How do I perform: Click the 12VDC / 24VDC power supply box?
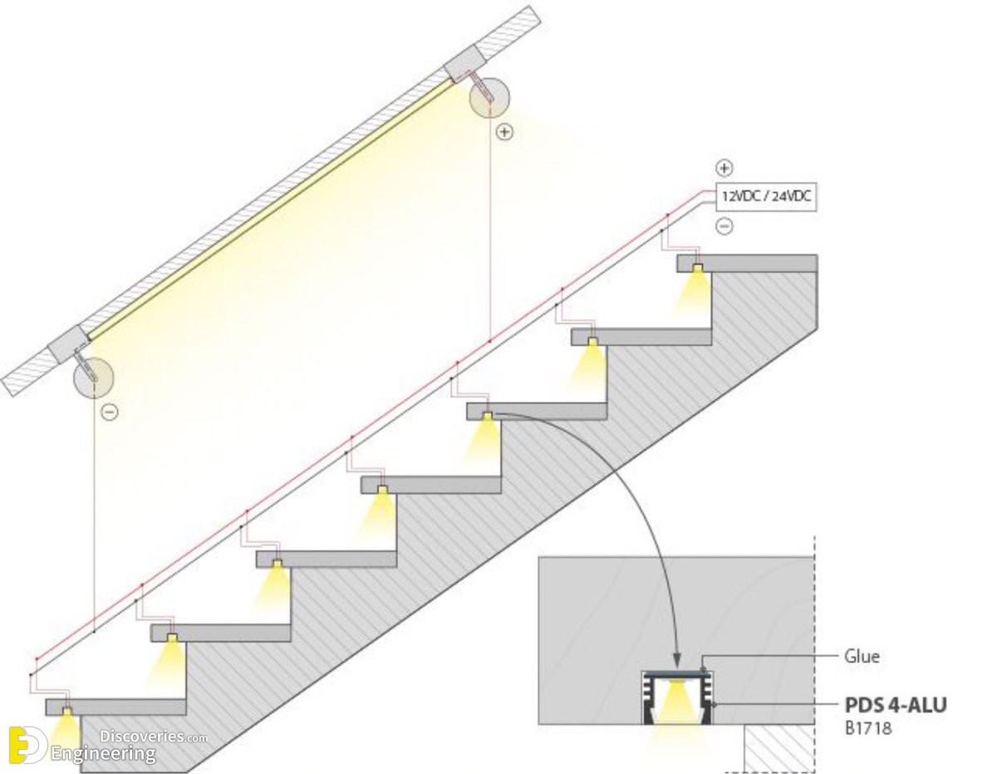click(x=766, y=196)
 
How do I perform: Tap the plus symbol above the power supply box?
click(x=724, y=168)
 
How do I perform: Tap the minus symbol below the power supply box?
click(x=724, y=226)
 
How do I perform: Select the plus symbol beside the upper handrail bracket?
click(x=504, y=132)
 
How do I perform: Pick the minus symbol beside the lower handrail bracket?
click(x=109, y=412)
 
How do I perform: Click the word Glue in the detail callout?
click(x=862, y=657)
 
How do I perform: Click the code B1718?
click(x=868, y=728)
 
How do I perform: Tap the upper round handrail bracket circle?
click(x=489, y=98)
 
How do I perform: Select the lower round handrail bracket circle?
click(x=94, y=377)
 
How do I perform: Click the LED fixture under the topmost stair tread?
click(x=698, y=268)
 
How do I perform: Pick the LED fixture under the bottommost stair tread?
click(x=67, y=712)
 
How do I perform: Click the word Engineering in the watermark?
click(x=103, y=755)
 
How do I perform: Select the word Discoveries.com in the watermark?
click(x=154, y=737)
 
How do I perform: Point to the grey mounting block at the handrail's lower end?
click(x=69, y=343)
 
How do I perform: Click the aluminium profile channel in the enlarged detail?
click(x=677, y=698)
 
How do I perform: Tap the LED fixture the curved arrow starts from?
click(x=487, y=416)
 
